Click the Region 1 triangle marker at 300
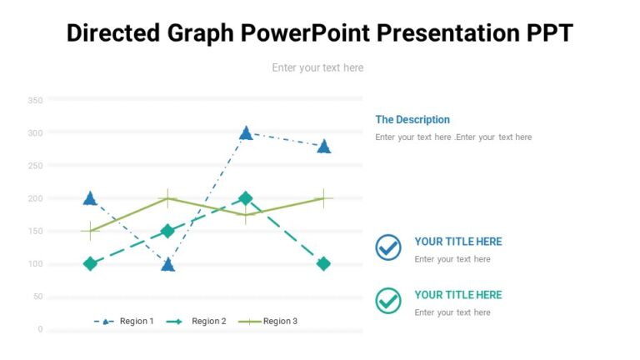246,132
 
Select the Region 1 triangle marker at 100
167,264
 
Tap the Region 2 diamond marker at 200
246,198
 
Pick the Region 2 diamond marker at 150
167,231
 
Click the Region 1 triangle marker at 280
323,146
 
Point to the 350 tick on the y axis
35,100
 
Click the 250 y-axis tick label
35,166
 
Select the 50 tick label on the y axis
37,297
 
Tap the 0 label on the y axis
40,329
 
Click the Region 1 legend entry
126,321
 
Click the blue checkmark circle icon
388,247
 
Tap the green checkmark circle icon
388,300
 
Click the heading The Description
412,119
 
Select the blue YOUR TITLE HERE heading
458,242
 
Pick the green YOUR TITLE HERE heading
458,294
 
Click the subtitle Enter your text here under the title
317,67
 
